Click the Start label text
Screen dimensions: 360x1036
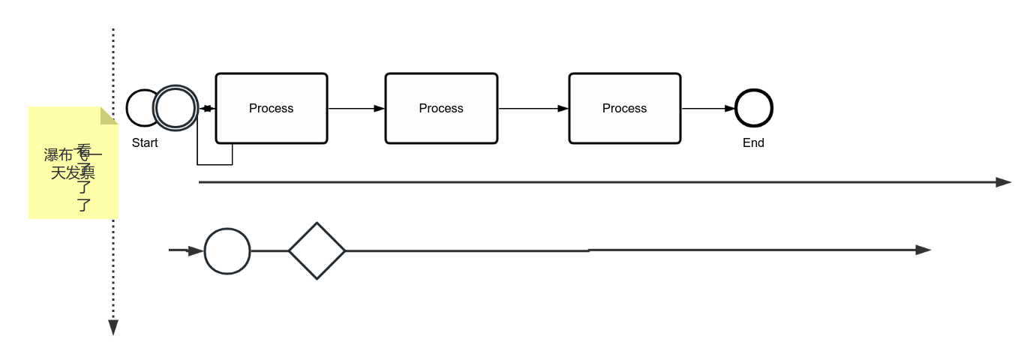[x=145, y=142]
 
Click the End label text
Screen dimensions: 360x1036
[x=753, y=142]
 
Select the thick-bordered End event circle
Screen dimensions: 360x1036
[x=754, y=108]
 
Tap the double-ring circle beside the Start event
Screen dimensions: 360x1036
[x=176, y=108]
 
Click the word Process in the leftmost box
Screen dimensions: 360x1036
[x=271, y=108]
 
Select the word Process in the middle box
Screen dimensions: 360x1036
[x=441, y=108]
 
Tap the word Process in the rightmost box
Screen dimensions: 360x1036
[x=624, y=108]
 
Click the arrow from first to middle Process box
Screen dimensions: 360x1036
[x=356, y=109]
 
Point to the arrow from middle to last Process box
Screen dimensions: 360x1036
[x=533, y=109]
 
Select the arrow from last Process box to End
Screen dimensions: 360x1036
[x=708, y=109]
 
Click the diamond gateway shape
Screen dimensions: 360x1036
[x=317, y=250]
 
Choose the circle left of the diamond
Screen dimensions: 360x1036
[x=227, y=251]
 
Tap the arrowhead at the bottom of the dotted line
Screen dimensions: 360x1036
[x=113, y=327]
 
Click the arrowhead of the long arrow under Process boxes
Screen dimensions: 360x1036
[x=1003, y=182]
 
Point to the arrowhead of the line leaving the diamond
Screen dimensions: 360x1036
[x=923, y=250]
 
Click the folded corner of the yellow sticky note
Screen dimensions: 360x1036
[x=110, y=115]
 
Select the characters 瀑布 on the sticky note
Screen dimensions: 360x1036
[x=58, y=155]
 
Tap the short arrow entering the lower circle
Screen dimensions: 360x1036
[x=186, y=250]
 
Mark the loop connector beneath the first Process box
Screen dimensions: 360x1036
[x=215, y=163]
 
